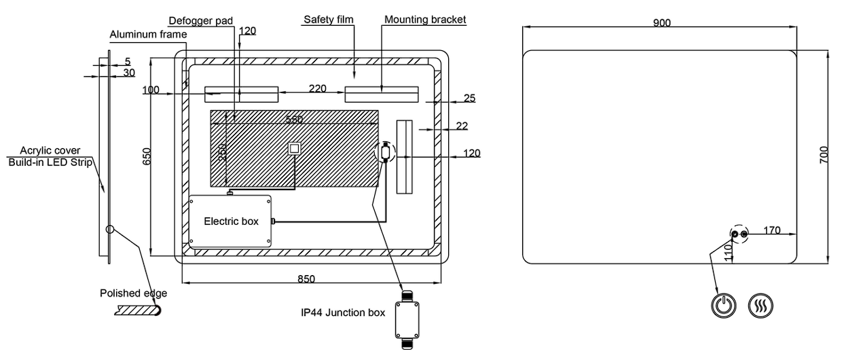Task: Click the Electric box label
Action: click(x=231, y=221)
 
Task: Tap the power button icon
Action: click(x=725, y=305)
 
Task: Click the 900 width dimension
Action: click(x=661, y=23)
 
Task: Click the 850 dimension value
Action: click(x=306, y=278)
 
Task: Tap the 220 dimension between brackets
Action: click(x=317, y=88)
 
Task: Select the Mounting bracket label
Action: click(x=425, y=20)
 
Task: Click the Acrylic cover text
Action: click(x=50, y=150)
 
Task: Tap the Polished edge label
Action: click(x=133, y=293)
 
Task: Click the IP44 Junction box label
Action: click(x=343, y=313)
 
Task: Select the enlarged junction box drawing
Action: click(x=407, y=319)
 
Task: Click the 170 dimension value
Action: click(x=771, y=230)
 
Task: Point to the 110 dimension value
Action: click(x=729, y=253)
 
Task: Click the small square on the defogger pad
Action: click(x=295, y=148)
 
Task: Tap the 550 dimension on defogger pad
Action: click(x=294, y=120)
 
